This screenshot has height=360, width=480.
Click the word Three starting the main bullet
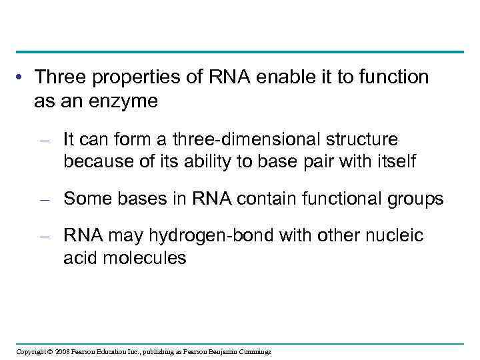click(61, 77)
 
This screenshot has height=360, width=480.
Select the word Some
click(84, 198)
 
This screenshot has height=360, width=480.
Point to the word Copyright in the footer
click(30, 351)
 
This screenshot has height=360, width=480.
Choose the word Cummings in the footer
click(253, 351)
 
